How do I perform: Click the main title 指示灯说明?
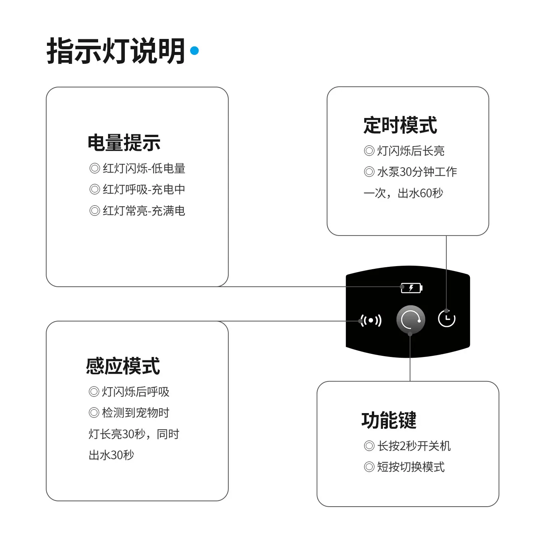(116, 51)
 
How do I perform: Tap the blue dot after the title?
(194, 50)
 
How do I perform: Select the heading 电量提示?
(124, 143)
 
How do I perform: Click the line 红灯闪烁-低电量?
(137, 168)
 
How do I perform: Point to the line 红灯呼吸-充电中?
(137, 189)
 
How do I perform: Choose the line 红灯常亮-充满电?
(137, 211)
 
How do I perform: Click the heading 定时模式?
(401, 125)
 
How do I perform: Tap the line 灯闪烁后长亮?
(404, 151)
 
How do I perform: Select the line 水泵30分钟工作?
(410, 172)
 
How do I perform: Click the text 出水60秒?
(420, 193)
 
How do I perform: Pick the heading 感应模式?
(123, 366)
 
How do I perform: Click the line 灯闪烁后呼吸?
(129, 392)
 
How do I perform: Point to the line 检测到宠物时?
(129, 413)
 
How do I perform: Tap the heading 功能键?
(389, 420)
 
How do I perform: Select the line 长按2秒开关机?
(407, 446)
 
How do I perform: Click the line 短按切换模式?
(404, 467)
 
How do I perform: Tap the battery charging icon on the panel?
(412, 288)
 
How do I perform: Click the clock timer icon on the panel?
(447, 319)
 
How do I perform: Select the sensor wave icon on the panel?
(371, 321)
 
